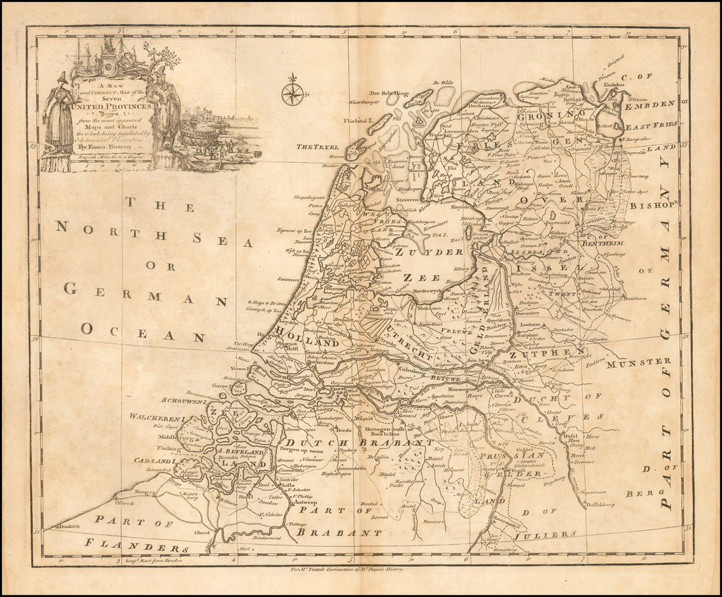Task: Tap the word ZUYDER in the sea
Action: [x=419, y=251]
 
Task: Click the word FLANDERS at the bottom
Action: [x=135, y=546]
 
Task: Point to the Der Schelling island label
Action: [x=389, y=93]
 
